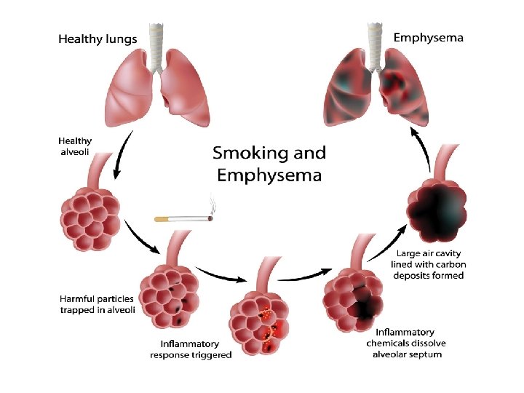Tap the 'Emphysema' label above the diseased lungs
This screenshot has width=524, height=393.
(428, 37)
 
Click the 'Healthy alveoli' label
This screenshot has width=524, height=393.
(76, 146)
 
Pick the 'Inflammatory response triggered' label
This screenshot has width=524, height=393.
(191, 349)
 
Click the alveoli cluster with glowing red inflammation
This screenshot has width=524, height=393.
(258, 325)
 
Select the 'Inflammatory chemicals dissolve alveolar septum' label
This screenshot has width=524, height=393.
(408, 343)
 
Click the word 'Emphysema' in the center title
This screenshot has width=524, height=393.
(269, 175)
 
